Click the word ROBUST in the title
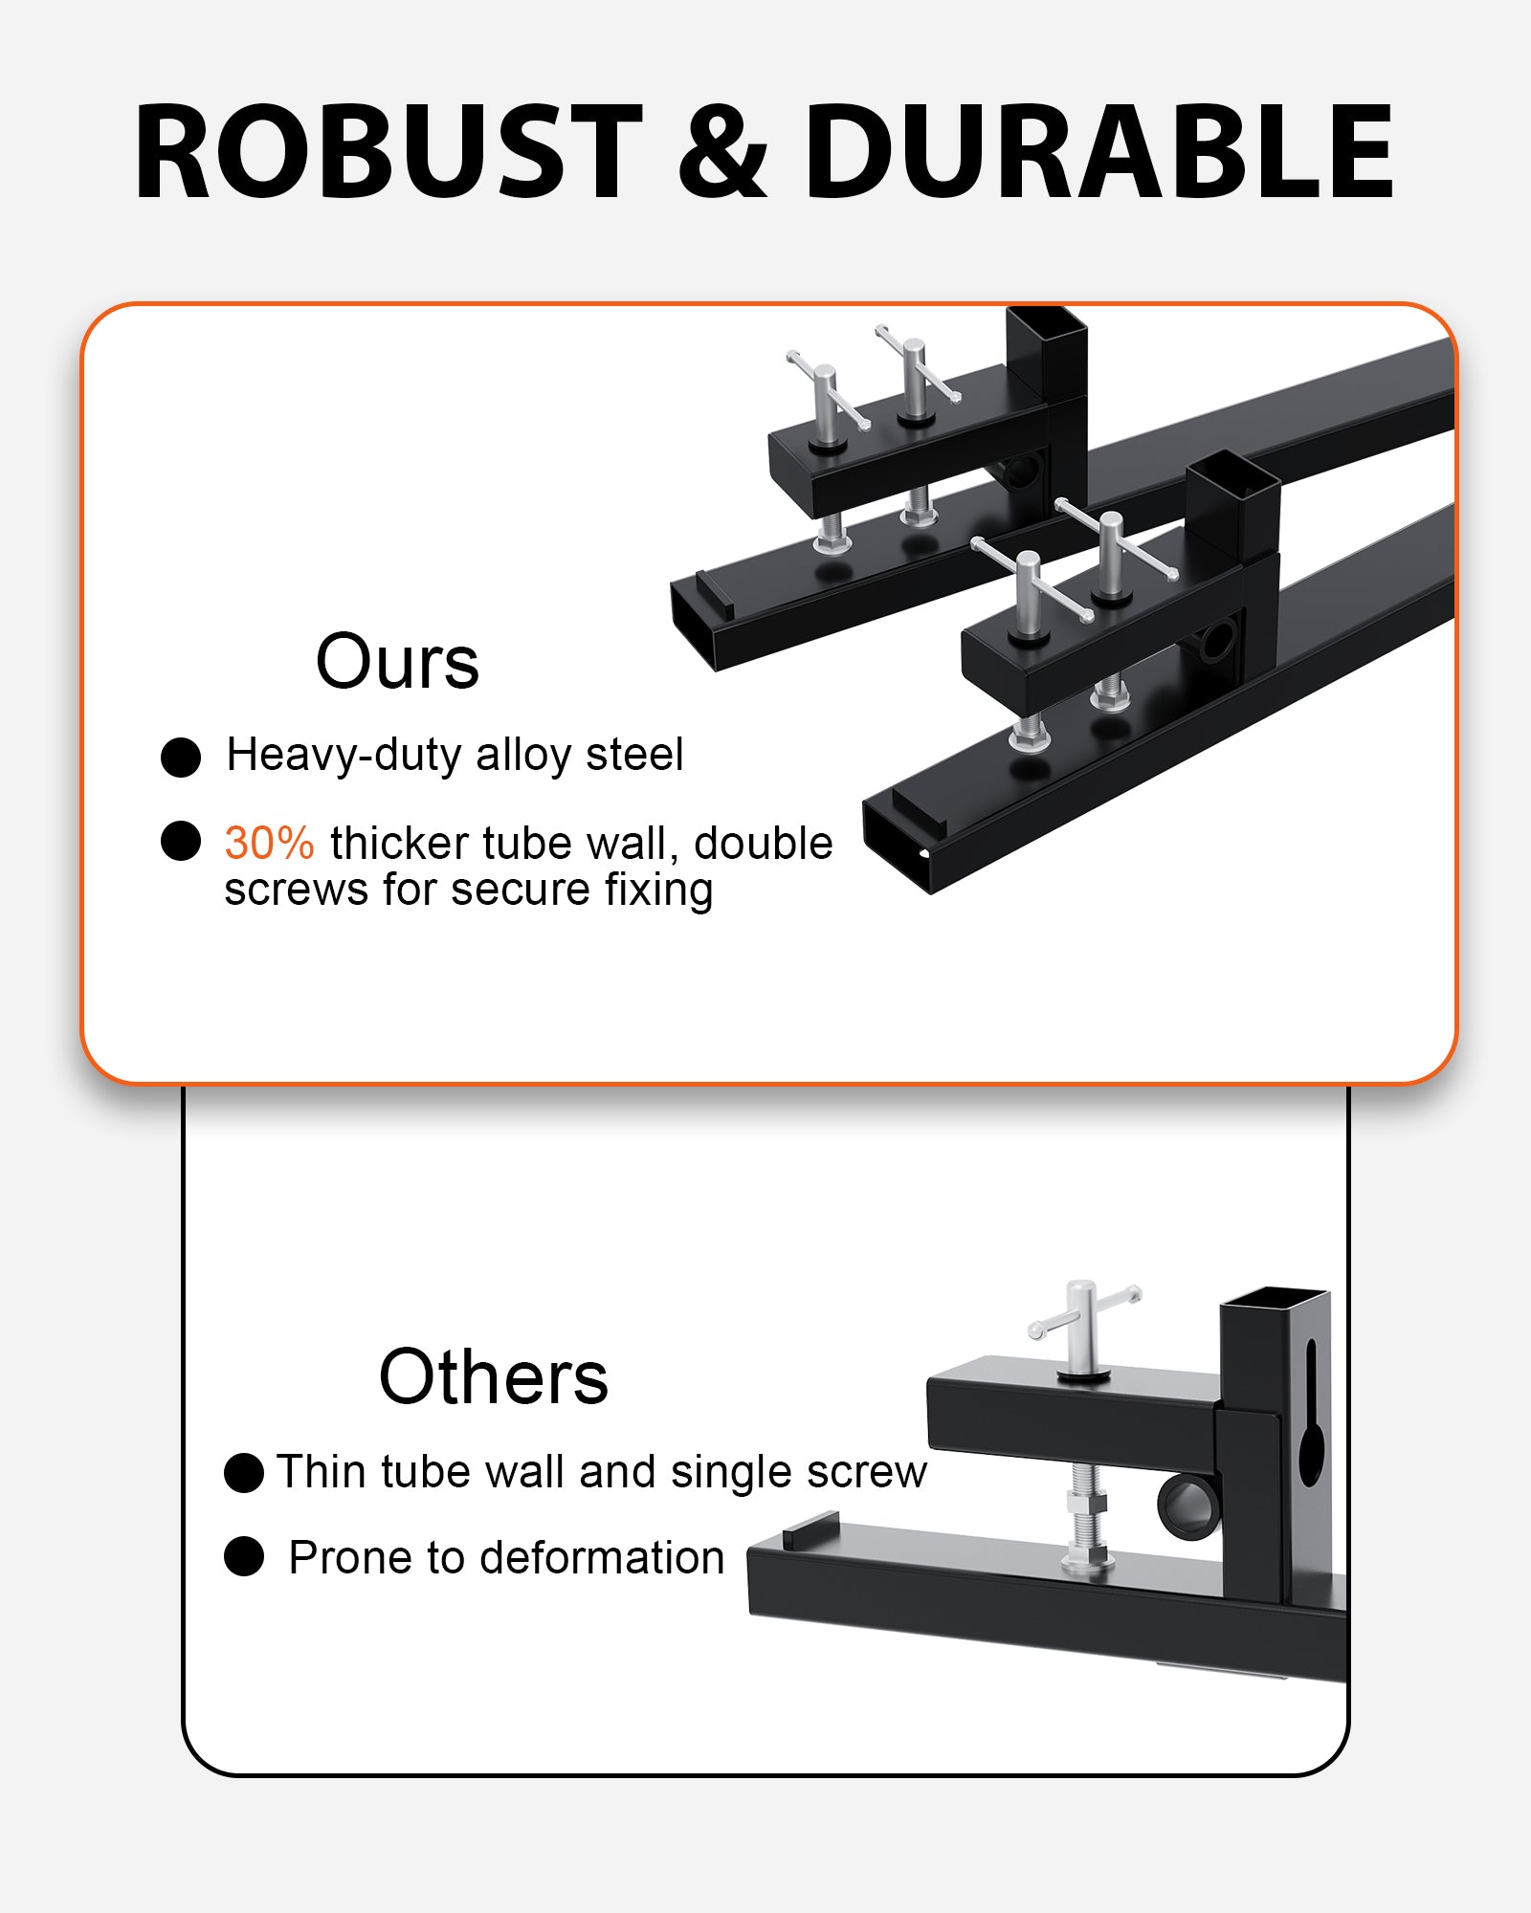388,152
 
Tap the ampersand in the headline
722,152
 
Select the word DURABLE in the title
1099,152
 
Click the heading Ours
397,661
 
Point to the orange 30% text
269,844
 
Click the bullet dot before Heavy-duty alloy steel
181,757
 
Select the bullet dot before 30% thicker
181,841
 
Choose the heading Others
494,1376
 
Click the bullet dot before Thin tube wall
244,1472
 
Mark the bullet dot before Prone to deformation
244,1556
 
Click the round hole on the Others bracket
1188,1503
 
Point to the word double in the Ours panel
763,844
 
